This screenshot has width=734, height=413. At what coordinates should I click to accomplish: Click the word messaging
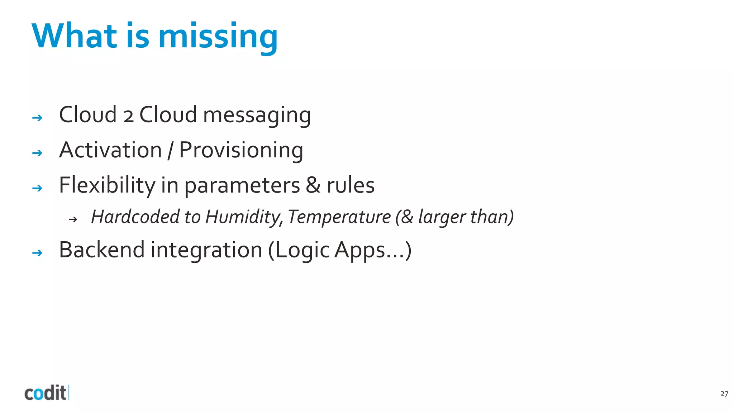click(257, 115)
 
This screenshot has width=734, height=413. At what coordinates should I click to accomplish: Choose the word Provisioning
click(241, 151)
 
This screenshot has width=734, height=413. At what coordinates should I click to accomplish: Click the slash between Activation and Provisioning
click(170, 151)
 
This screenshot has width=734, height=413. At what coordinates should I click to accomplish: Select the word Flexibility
click(107, 186)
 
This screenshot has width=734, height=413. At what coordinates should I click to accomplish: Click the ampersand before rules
click(313, 186)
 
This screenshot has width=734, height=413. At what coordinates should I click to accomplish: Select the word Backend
click(101, 250)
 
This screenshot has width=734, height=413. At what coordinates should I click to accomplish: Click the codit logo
click(46, 393)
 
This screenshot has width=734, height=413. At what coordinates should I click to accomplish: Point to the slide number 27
click(724, 394)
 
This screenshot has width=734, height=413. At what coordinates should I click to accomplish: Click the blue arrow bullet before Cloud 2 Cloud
click(37, 118)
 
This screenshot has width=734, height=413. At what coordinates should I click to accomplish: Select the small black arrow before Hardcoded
click(73, 219)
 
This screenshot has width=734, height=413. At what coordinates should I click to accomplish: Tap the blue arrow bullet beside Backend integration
click(37, 253)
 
